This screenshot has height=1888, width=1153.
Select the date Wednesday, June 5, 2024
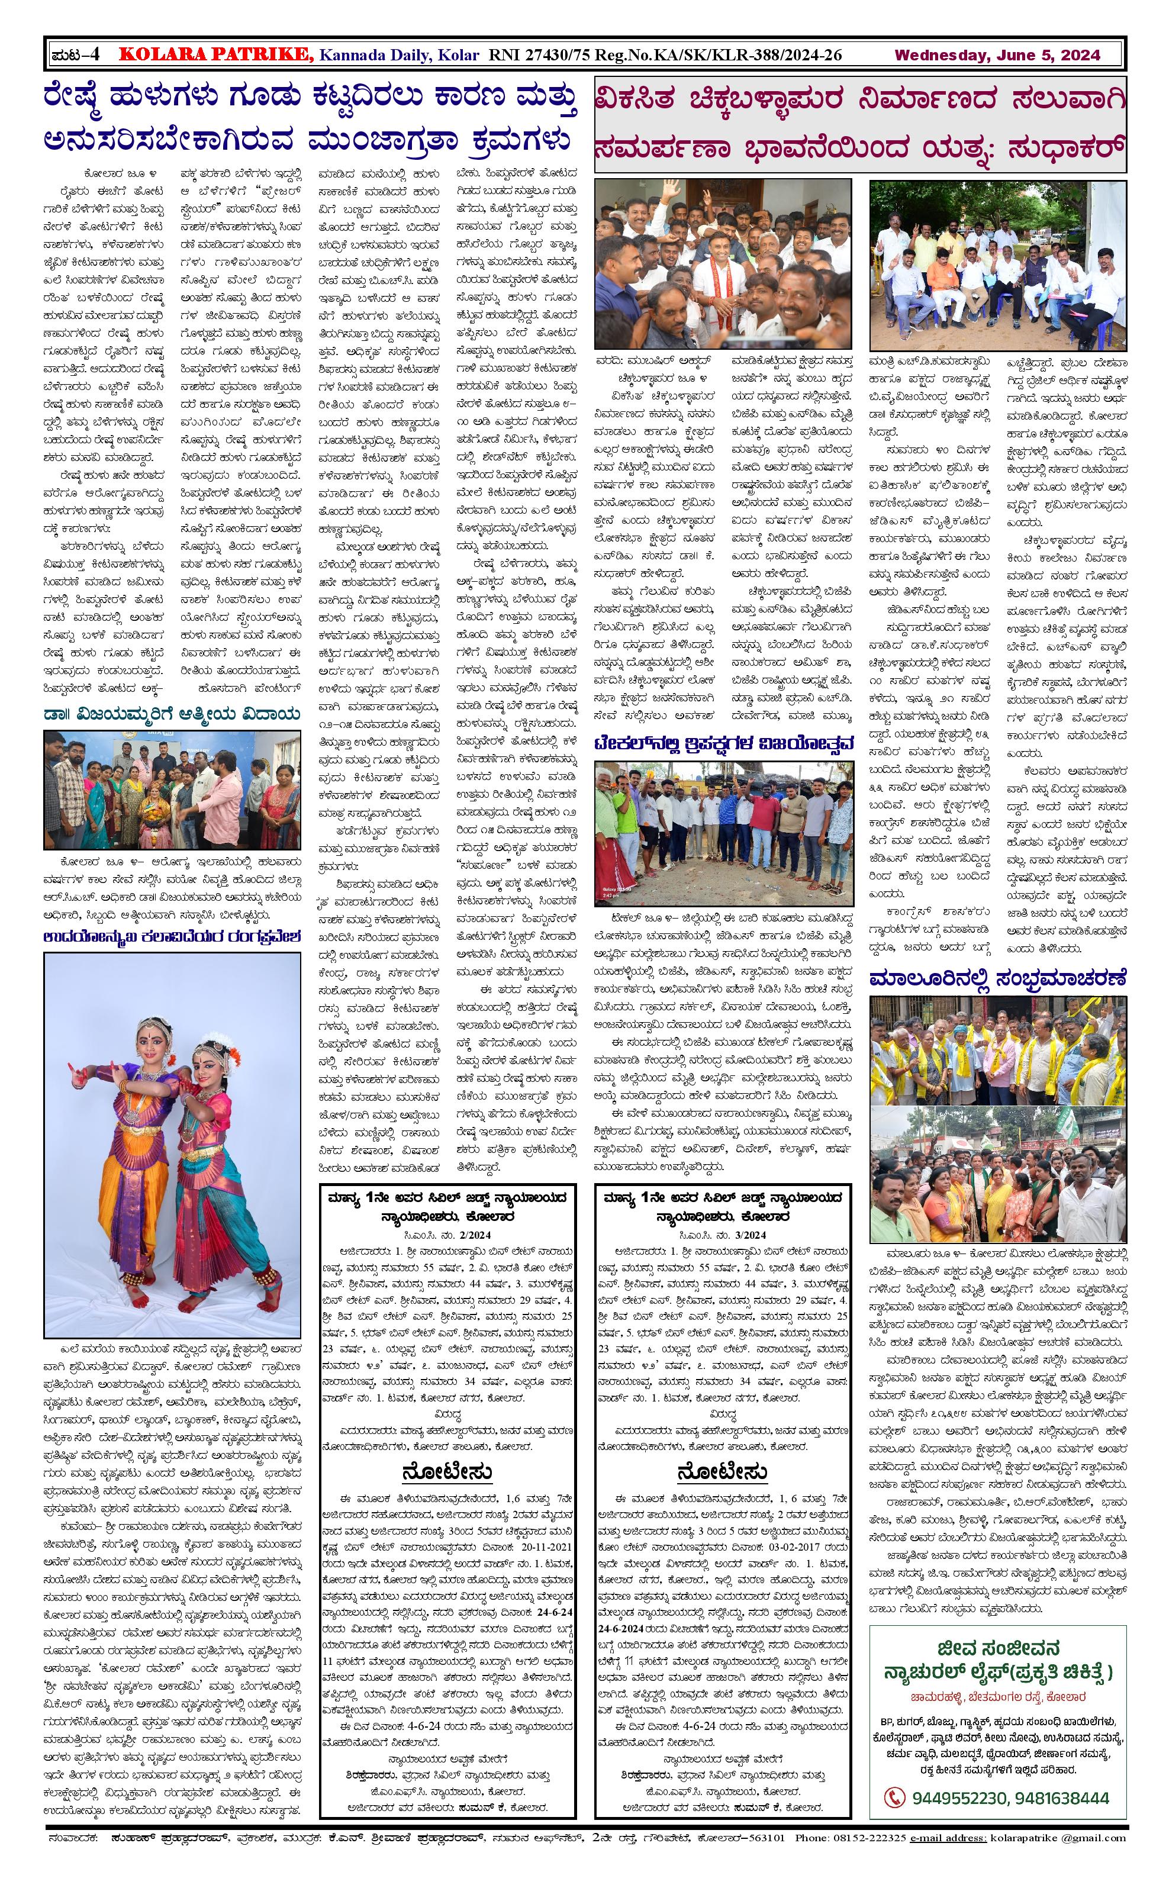click(x=997, y=54)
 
